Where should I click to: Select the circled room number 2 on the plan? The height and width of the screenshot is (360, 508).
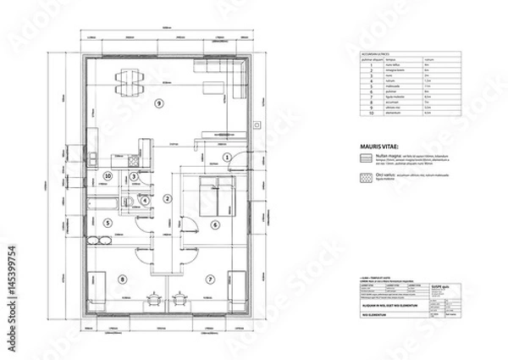pos(168,198)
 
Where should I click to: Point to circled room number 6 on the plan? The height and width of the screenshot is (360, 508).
pos(215,224)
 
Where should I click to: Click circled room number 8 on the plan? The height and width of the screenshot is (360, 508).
pos(123,278)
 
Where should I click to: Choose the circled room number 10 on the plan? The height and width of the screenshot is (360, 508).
pos(108,176)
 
